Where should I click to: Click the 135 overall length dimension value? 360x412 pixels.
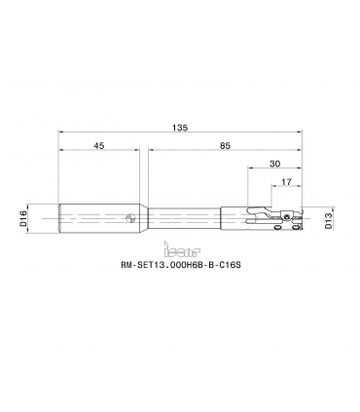[180, 128]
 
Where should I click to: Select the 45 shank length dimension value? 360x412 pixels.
[99, 146]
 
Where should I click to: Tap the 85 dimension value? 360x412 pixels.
[225, 146]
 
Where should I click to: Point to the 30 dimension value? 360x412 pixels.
[274, 164]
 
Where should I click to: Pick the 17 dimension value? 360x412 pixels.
[286, 182]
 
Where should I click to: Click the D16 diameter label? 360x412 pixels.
[23, 218]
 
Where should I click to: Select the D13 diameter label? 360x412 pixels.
[328, 220]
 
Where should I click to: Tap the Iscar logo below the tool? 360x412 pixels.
[182, 248]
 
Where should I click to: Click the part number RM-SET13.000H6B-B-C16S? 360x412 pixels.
[181, 265]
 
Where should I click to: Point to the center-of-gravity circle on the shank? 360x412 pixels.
[130, 218]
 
